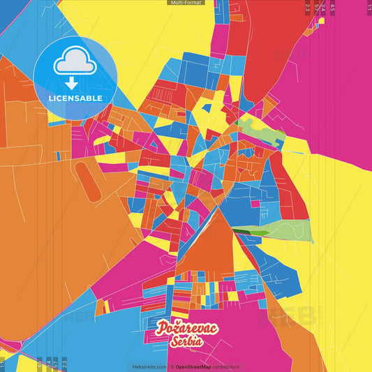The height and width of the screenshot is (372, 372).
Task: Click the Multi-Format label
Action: click(186, 3)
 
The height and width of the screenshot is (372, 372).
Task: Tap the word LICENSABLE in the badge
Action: click(75, 97)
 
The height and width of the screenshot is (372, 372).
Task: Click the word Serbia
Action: click(185, 341)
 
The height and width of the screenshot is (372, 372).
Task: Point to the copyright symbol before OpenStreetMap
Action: click(172, 366)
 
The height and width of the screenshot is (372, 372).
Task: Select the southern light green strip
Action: click(290, 230)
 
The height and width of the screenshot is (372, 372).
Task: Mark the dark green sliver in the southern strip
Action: click(244, 230)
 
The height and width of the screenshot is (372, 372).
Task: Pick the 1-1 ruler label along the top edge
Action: click(369, 7)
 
